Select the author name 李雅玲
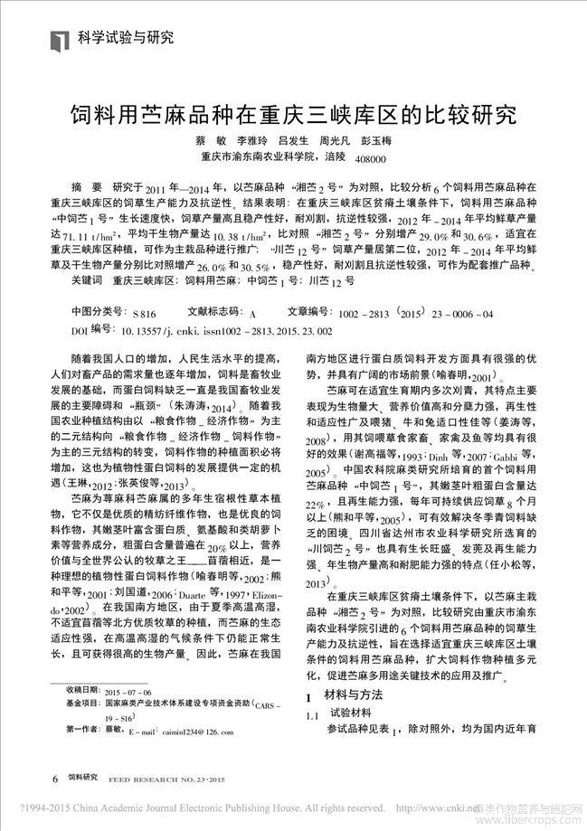(x=253, y=142)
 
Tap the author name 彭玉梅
(x=376, y=142)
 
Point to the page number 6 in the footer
(x=56, y=777)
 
